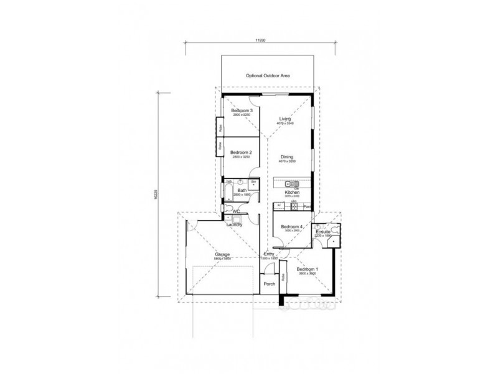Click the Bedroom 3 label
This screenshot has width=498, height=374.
242,110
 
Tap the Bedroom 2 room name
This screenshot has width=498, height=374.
240,153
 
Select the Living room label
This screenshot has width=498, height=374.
285,118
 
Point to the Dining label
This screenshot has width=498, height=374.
286,156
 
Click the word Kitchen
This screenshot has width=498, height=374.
293,193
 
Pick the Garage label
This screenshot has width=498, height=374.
222,254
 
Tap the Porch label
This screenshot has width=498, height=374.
270,284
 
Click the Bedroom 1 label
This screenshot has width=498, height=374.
308,269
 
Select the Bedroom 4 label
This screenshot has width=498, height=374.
291,226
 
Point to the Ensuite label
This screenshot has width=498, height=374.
323,232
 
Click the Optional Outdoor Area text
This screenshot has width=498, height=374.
268,75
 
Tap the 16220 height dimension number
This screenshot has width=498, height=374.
157,195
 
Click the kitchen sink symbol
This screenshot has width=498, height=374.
290,185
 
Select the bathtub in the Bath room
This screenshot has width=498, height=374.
228,190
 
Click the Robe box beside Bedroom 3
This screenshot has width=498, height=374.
220,127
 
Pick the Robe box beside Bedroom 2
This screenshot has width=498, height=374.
220,147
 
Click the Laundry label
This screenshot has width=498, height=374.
234,224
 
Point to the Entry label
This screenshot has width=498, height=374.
269,254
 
